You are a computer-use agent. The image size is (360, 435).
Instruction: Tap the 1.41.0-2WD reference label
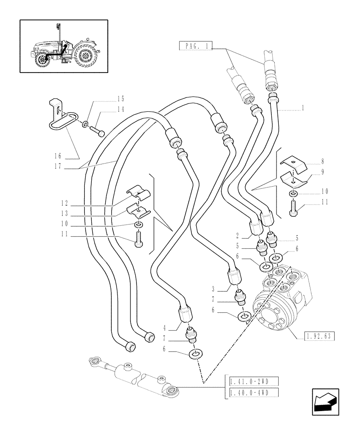(251, 381)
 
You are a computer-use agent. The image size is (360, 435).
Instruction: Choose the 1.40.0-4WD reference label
(251, 392)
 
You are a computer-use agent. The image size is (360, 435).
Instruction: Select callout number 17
(60, 166)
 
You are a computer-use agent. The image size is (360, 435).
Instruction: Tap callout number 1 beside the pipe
(303, 108)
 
